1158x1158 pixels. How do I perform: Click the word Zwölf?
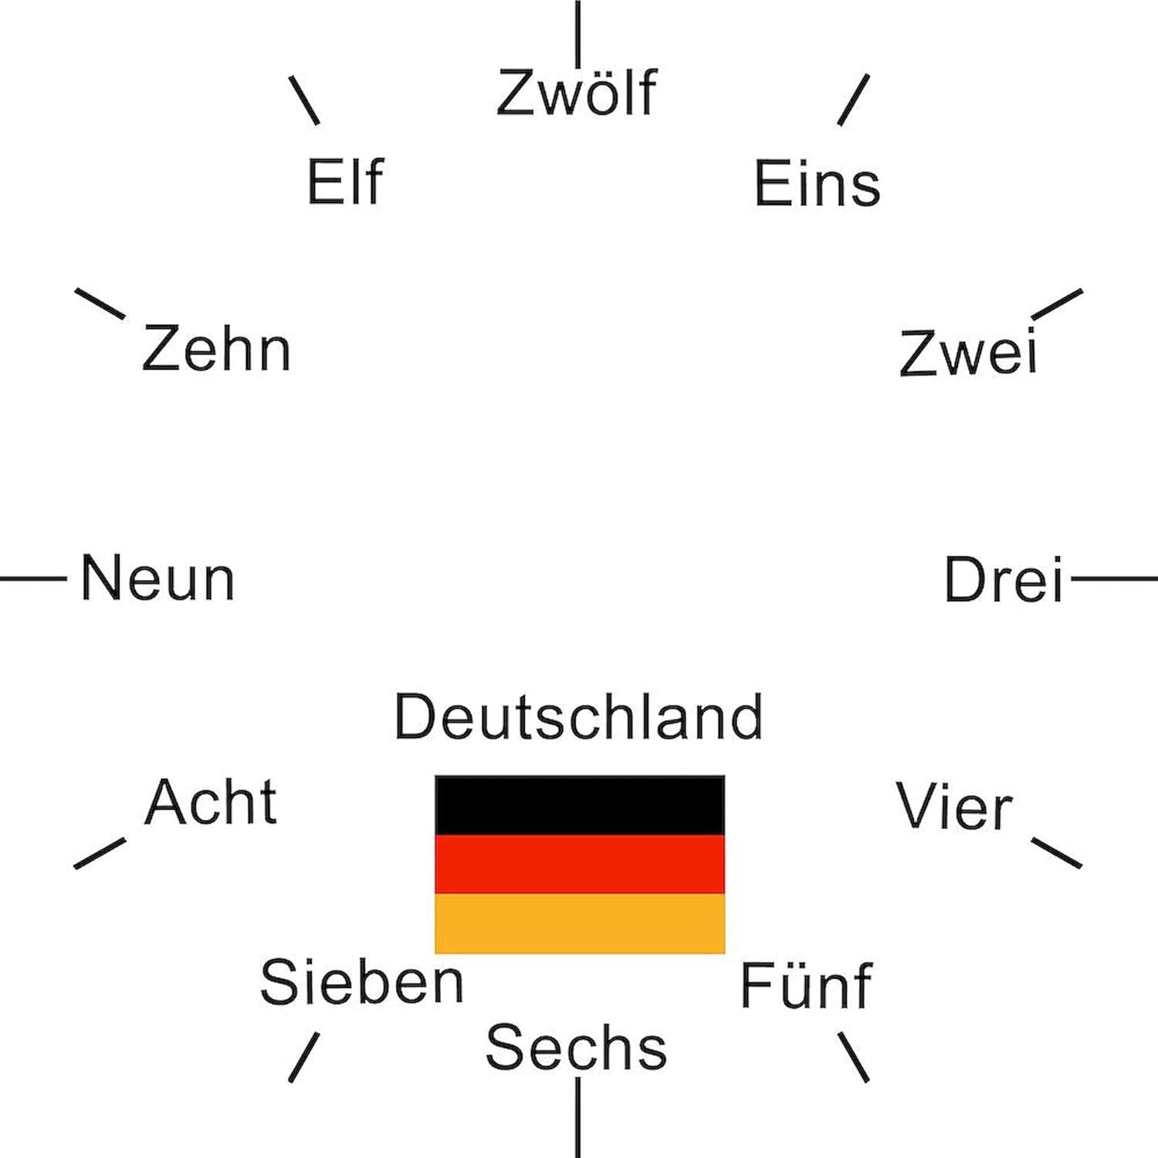tap(576, 93)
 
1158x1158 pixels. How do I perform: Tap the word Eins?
tap(817, 184)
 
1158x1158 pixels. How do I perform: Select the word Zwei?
tap(968, 354)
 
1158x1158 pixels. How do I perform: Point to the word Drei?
tap(1004, 579)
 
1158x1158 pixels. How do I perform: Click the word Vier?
tap(954, 807)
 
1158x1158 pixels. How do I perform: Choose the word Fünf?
tap(806, 986)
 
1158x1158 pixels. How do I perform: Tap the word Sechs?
tap(576, 1048)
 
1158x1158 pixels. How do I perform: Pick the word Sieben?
tap(361, 982)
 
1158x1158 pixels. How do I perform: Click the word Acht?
tap(211, 803)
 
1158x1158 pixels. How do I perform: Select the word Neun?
tap(157, 578)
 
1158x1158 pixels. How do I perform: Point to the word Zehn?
tap(216, 349)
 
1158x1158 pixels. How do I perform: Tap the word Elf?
tap(345, 182)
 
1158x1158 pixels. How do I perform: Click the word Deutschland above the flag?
tap(578, 717)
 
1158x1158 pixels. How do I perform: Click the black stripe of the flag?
tap(579, 805)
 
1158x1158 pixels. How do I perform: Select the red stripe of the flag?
tap(579, 864)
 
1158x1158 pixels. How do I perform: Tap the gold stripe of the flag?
tap(579, 923)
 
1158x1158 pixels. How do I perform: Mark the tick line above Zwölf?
tap(577, 34)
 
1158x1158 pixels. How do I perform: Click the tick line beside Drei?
tap(1114, 578)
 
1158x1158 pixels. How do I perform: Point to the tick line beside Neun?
tap(33, 577)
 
